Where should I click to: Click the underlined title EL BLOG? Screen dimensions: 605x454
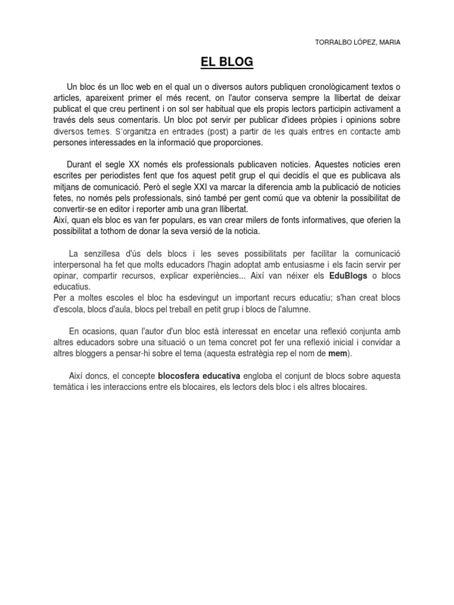(227, 61)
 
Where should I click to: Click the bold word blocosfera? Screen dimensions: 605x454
(181, 376)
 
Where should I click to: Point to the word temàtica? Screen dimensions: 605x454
(69, 387)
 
